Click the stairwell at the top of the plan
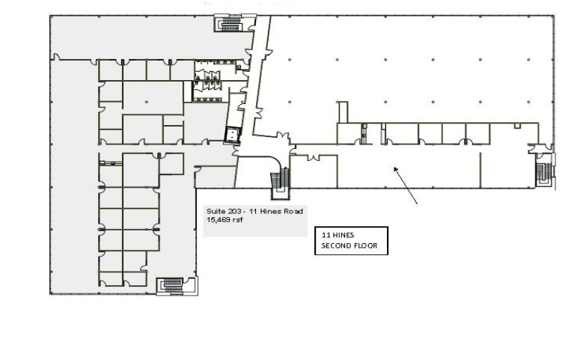click(225, 24)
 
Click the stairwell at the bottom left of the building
click(171, 286)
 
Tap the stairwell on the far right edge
click(543, 171)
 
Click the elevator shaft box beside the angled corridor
click(235, 134)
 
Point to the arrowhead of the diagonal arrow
click(395, 169)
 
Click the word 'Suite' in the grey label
click(215, 212)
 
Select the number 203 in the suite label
click(234, 212)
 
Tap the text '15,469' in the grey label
click(218, 220)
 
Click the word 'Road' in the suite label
click(293, 212)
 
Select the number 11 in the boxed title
click(326, 235)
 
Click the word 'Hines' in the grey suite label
click(273, 212)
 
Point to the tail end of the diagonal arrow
click(417, 203)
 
